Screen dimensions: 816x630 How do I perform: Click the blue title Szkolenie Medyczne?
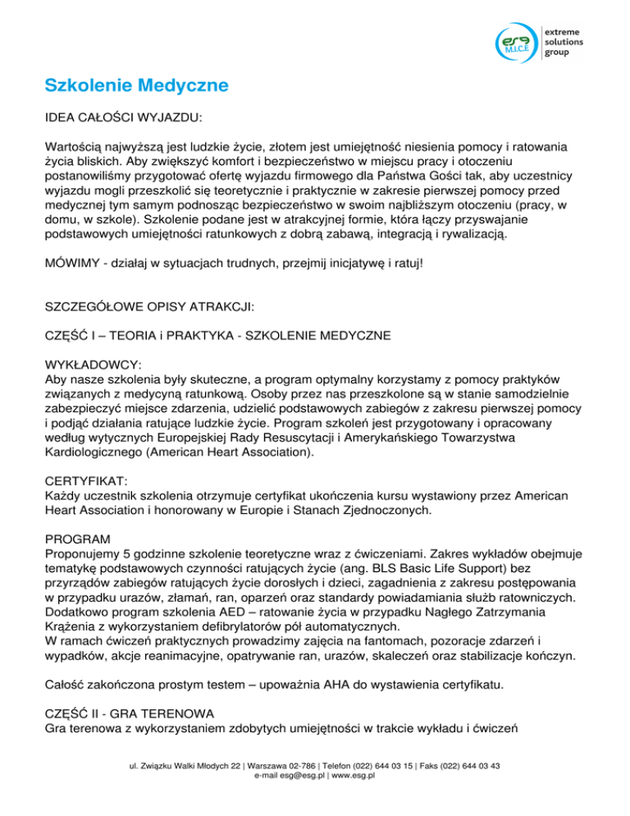pos(136,85)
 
